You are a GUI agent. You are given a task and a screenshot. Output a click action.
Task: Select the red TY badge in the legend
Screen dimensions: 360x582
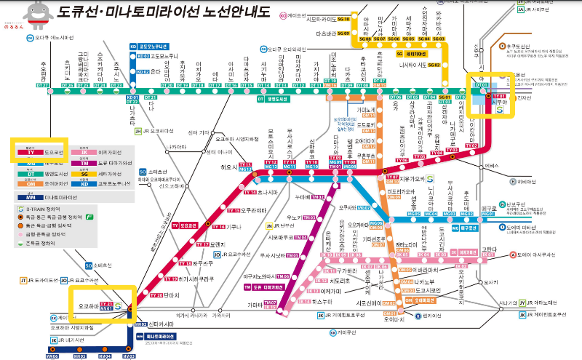click(31, 153)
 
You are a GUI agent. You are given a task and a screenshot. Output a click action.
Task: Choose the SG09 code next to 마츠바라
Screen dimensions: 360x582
click(343, 33)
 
